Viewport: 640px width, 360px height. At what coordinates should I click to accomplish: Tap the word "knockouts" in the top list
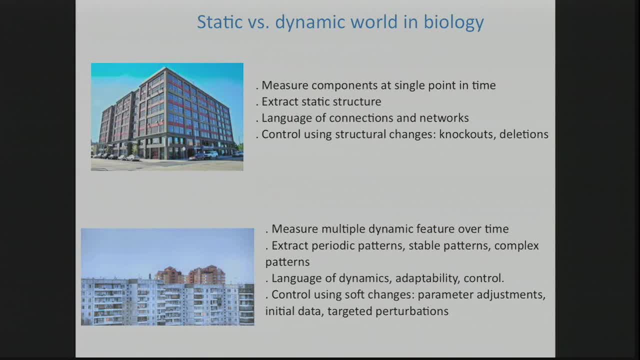[x=466, y=134]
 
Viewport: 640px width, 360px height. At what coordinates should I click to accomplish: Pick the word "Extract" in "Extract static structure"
[x=279, y=101]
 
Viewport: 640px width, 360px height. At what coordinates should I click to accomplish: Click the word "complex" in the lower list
[x=516, y=245]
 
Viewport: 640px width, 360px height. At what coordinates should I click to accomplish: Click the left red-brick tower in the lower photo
[x=169, y=275]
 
